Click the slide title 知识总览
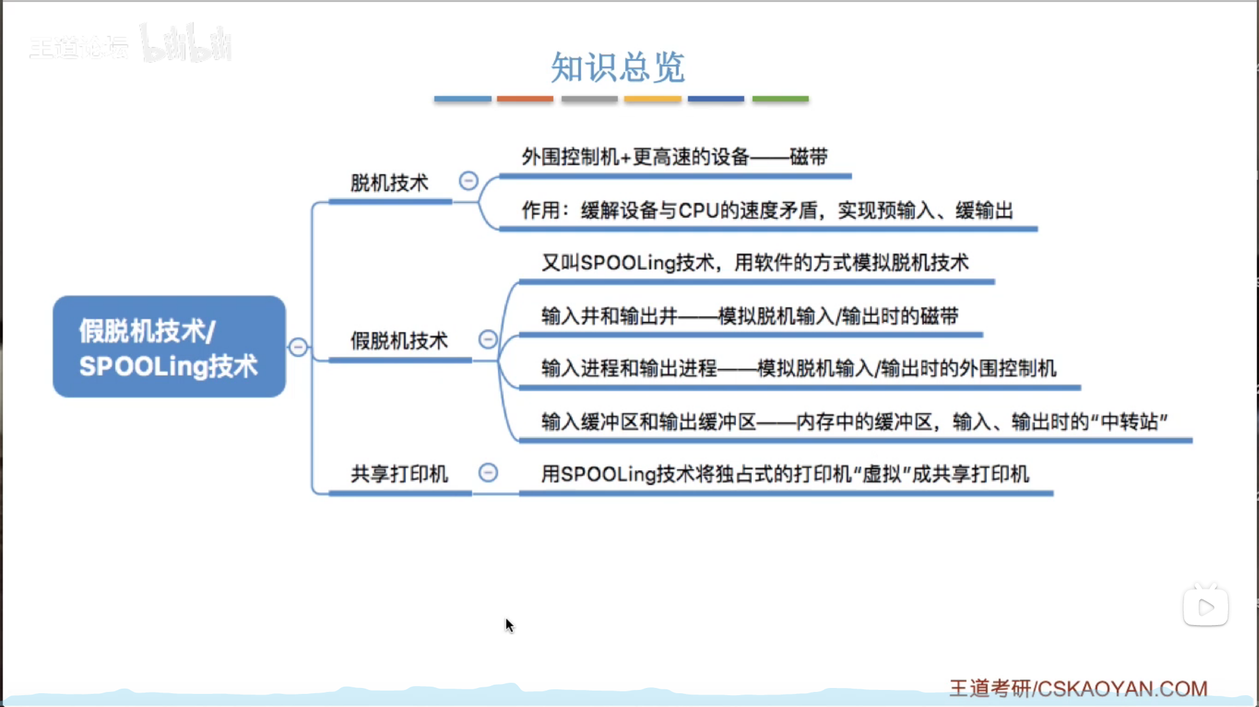click(x=617, y=67)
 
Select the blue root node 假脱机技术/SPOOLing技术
click(x=169, y=346)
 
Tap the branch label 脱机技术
click(x=389, y=183)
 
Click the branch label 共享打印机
click(x=399, y=474)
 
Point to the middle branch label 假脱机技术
click(x=399, y=341)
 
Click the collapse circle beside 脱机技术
click(x=468, y=180)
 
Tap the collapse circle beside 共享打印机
click(x=488, y=472)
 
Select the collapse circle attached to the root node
click(x=298, y=346)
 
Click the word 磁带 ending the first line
click(x=808, y=157)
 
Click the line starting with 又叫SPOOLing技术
click(x=754, y=263)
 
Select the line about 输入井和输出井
click(x=749, y=316)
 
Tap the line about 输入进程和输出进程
click(x=798, y=369)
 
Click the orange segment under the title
click(x=525, y=99)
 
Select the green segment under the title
click(x=780, y=99)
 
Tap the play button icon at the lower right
click(x=1206, y=607)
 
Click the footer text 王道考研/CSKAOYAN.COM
click(x=1078, y=689)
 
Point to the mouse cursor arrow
click(x=509, y=625)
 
